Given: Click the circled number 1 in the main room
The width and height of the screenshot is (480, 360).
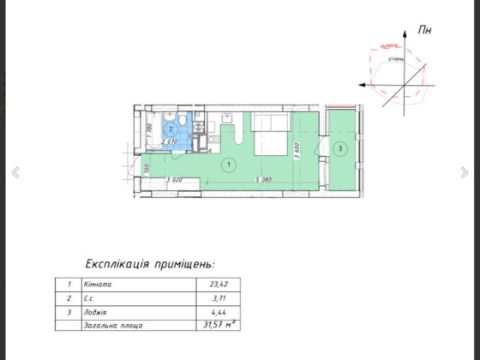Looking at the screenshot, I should [228, 163].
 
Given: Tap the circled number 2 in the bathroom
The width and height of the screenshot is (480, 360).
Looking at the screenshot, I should [171, 129].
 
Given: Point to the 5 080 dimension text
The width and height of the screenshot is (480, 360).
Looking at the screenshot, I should [262, 180].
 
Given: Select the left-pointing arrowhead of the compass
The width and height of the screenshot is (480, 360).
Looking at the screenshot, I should [364, 86].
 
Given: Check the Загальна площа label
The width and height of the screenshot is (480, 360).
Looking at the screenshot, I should [113, 327].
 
